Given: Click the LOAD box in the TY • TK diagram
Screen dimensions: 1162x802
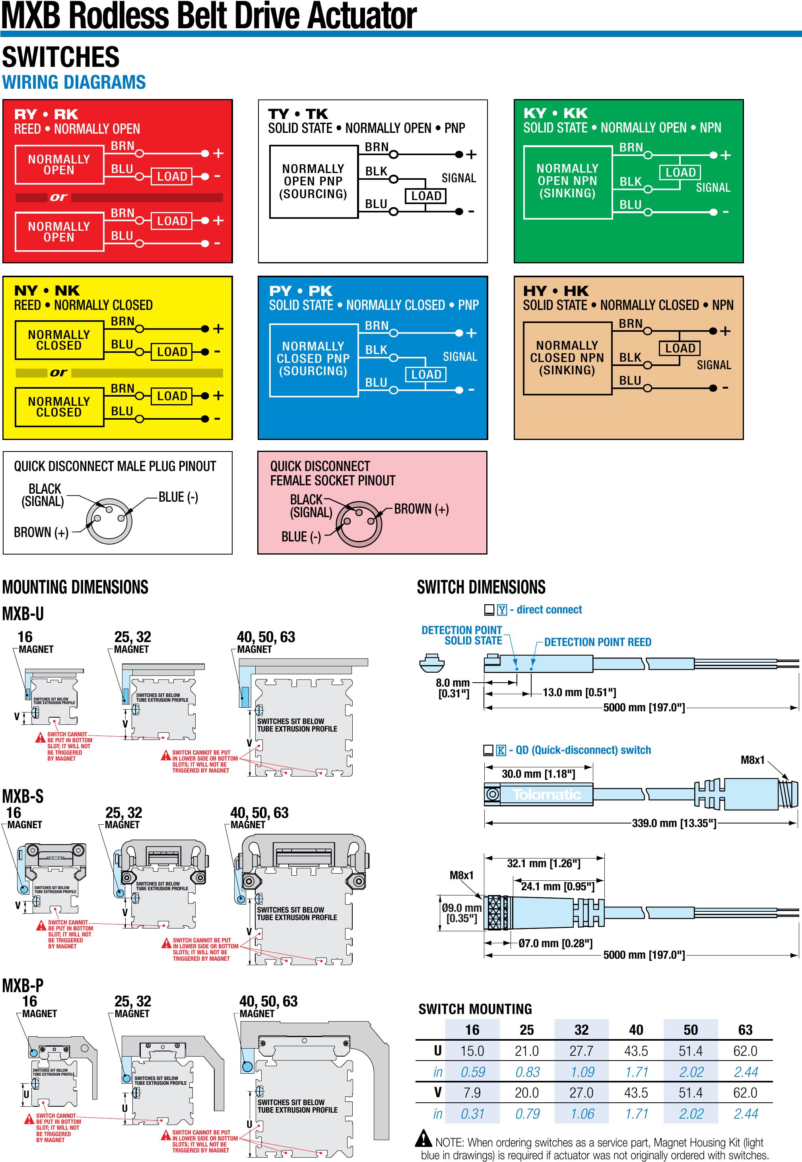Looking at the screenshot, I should pyautogui.click(x=425, y=196).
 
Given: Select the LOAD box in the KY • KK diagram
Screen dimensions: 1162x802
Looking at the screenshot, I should pyautogui.click(x=680, y=172).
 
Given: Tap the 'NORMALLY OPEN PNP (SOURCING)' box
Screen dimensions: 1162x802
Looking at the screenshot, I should pyautogui.click(x=314, y=181).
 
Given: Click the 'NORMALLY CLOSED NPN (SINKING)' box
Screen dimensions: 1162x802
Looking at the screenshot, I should pyautogui.click(x=567, y=358).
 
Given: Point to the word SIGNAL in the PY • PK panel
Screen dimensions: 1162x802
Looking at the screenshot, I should pyautogui.click(x=460, y=357).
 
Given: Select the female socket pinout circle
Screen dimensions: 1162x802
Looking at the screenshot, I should pyautogui.click(x=359, y=523).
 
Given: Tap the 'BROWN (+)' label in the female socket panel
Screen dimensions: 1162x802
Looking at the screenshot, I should pyautogui.click(x=421, y=509).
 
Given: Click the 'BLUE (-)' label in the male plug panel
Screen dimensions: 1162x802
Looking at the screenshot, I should pyautogui.click(x=179, y=497).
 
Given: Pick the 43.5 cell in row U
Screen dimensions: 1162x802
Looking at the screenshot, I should pyautogui.click(x=636, y=1051).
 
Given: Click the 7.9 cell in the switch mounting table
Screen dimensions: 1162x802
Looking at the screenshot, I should pyautogui.click(x=472, y=1093).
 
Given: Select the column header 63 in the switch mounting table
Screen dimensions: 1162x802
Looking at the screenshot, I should pyautogui.click(x=745, y=1030).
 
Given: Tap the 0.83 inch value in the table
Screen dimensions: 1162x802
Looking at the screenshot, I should pyautogui.click(x=527, y=1072).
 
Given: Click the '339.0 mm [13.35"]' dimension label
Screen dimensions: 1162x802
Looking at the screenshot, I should pyautogui.click(x=674, y=823).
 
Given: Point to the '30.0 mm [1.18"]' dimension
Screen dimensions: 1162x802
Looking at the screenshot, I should pyautogui.click(x=538, y=773).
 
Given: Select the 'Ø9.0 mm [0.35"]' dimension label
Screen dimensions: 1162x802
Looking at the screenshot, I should pyautogui.click(x=461, y=913).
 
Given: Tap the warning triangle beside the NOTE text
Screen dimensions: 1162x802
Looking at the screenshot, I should pyautogui.click(x=424, y=1137).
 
